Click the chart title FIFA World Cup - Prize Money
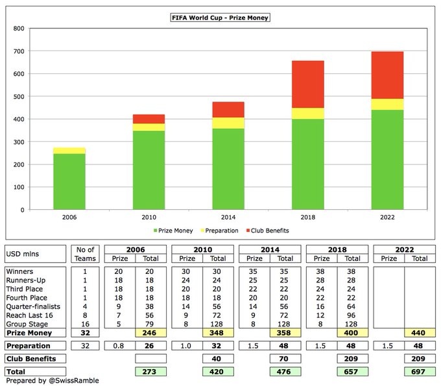tap(220, 17)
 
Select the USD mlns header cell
tap(25, 253)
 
